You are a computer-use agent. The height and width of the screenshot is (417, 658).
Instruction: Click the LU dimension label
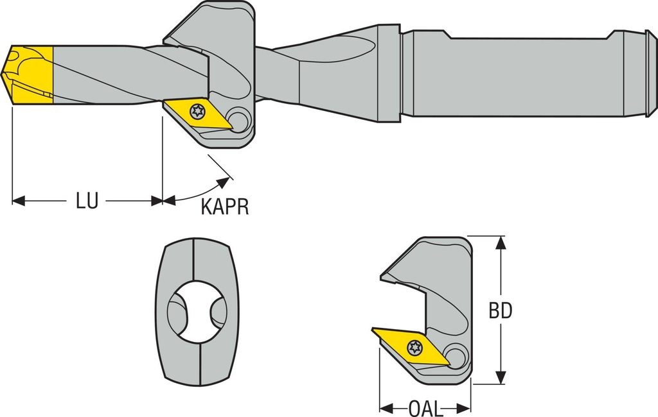(87, 201)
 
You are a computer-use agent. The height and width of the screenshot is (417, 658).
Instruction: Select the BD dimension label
(501, 311)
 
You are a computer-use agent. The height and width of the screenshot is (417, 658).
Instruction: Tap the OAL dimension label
(425, 408)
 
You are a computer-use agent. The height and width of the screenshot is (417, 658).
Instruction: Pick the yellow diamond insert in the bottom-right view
(411, 346)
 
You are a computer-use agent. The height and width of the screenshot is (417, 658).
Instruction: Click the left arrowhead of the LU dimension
(18, 201)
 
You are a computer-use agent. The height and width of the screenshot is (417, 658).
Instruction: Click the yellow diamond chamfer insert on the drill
(197, 114)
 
